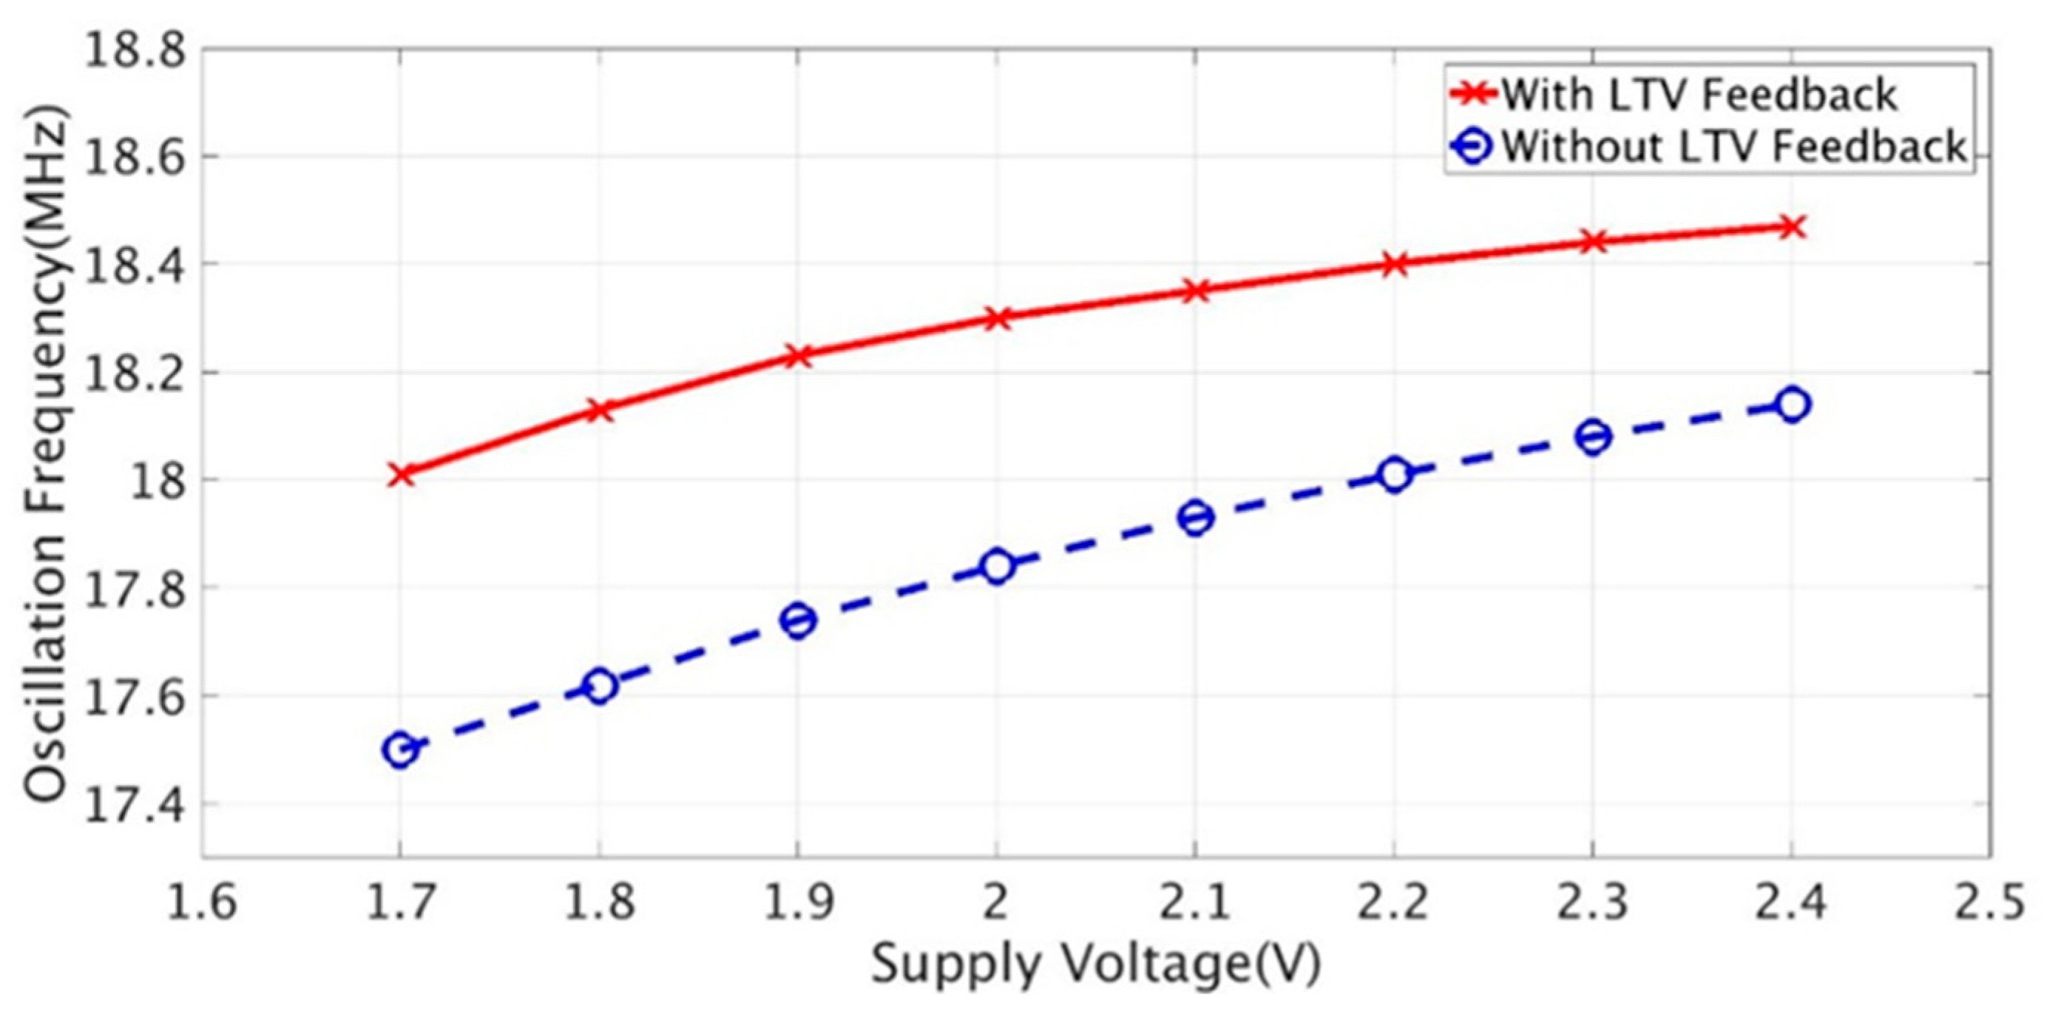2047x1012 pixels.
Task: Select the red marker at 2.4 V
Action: pyautogui.click(x=1791, y=227)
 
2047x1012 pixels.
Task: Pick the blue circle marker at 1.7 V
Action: pyautogui.click(x=401, y=749)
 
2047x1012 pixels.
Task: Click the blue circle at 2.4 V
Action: pyautogui.click(x=1791, y=405)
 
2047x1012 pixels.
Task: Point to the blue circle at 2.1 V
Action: pyautogui.click(x=1195, y=518)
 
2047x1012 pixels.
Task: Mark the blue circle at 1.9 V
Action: pyautogui.click(x=798, y=620)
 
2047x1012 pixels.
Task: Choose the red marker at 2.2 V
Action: pyautogui.click(x=1394, y=264)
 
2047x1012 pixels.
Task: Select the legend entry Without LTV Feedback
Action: pyautogui.click(x=1732, y=147)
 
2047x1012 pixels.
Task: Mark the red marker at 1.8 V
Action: pyautogui.click(x=599, y=411)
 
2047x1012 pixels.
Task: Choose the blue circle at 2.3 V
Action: pyautogui.click(x=1592, y=436)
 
